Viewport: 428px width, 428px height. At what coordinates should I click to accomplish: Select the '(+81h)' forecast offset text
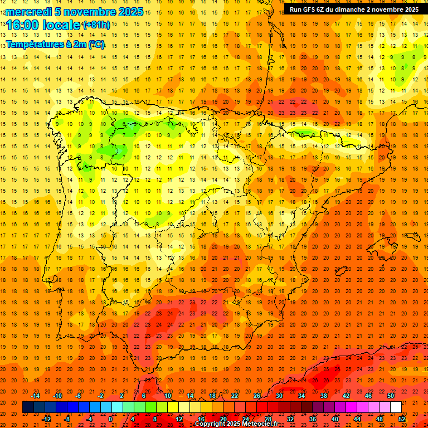pos(96,25)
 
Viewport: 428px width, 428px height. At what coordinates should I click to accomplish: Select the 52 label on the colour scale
pos(402,419)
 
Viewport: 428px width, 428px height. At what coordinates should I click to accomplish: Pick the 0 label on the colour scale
pos(110,419)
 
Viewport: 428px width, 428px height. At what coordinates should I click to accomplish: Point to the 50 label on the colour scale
pos(391,396)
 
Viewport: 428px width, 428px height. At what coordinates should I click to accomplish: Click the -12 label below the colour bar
pos(46,419)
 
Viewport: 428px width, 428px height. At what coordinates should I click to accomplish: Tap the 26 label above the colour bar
pos(257,396)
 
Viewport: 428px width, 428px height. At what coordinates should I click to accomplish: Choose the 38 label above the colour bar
pos(324,396)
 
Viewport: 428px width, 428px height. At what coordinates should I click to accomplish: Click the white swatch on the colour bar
pos(396,407)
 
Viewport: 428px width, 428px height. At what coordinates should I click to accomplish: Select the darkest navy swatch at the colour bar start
pos(28,407)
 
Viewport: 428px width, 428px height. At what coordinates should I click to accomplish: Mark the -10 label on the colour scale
pos(57,396)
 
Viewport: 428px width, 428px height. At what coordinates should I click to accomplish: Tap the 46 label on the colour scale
pos(368,396)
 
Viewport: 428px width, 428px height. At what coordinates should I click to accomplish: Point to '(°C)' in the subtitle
pos(96,45)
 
